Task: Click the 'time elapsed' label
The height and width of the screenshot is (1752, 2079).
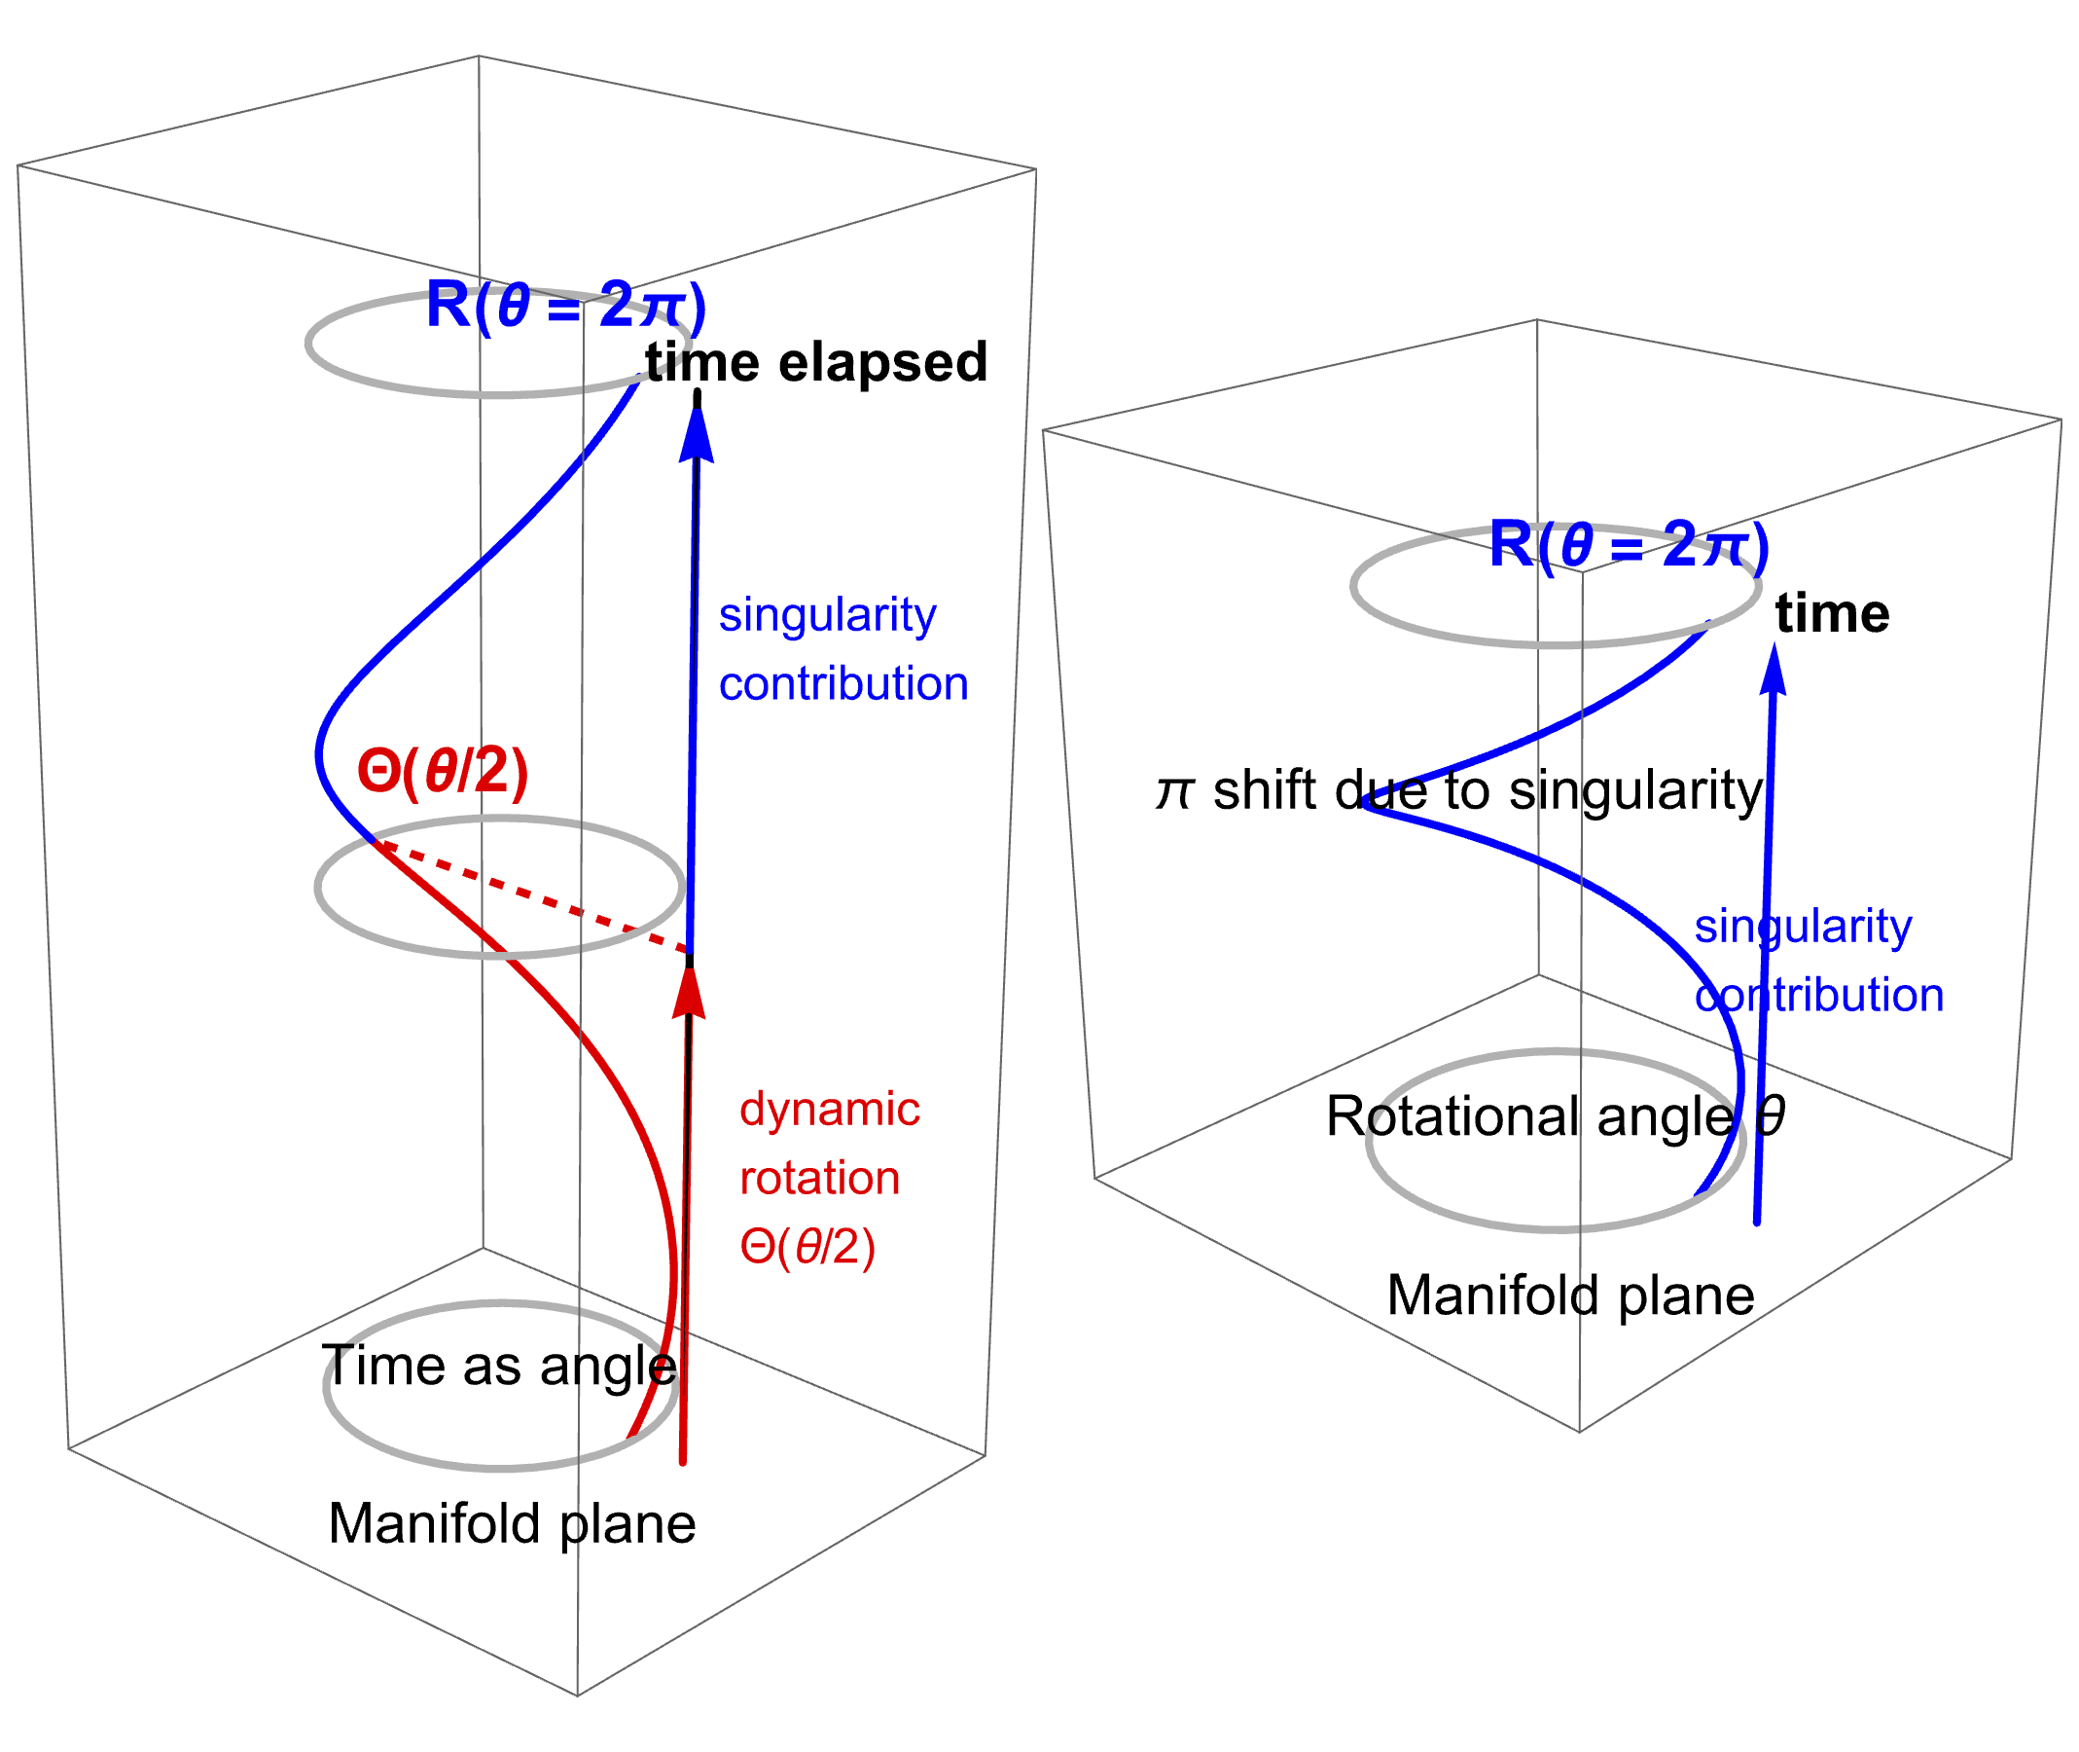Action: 815,362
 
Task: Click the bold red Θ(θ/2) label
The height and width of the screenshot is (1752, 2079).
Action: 443,772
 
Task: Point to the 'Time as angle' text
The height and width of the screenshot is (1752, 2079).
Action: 499,1366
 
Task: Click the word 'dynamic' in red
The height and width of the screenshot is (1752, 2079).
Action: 829,1110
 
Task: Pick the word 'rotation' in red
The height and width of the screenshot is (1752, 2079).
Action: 819,1179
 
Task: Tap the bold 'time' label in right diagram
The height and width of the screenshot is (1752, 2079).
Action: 1832,614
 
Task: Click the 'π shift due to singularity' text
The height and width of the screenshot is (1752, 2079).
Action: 1459,790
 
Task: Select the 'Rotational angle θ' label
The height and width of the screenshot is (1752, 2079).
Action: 1555,1116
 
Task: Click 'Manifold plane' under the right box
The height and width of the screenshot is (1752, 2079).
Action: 1570,1296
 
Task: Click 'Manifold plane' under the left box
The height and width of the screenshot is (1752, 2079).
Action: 512,1524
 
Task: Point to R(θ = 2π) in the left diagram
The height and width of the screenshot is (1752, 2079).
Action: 565,305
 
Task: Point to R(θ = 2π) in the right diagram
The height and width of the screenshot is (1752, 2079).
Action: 1629,545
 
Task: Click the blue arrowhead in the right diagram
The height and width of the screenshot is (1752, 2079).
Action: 1774,671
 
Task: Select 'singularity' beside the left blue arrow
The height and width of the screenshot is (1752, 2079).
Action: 827,616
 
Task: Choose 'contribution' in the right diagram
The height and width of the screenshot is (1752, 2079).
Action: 1819,995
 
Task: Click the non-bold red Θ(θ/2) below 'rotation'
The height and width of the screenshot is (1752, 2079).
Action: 807,1248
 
